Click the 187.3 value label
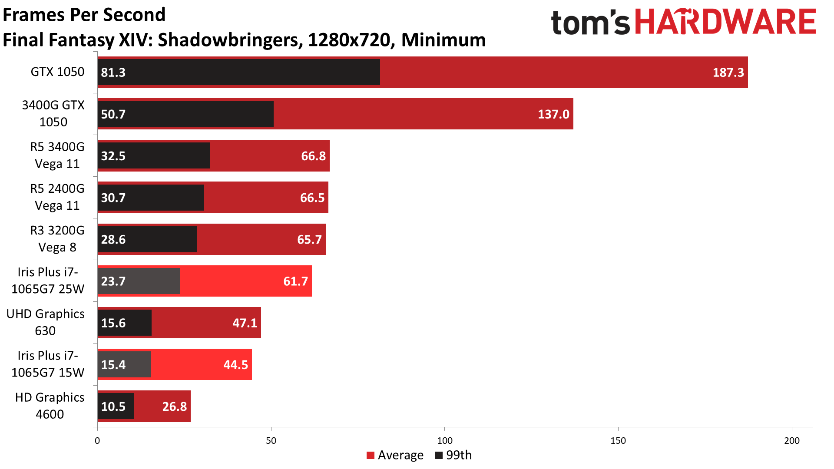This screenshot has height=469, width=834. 728,72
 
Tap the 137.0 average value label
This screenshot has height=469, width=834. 553,114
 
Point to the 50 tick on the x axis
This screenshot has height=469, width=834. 271,441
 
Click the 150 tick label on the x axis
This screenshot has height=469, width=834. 618,441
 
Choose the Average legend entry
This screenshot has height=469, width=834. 395,455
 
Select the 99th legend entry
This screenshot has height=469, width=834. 453,455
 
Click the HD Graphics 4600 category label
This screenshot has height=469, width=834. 50,406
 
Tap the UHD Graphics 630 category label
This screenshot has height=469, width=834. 46,322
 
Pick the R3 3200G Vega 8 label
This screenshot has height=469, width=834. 57,239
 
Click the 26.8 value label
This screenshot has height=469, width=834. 174,406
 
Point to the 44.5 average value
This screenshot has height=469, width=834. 235,365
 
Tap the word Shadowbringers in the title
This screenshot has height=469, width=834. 228,40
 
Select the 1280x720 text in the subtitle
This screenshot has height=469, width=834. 349,40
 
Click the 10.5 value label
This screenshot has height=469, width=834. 113,406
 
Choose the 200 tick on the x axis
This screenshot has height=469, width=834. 792,441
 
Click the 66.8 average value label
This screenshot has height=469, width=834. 313,156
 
